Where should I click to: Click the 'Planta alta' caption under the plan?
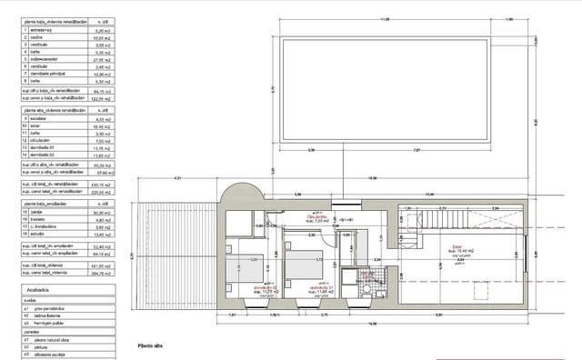click(149, 345)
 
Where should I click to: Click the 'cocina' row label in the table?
click(36, 38)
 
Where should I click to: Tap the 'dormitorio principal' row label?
click(49, 75)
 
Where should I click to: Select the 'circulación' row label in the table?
click(42, 141)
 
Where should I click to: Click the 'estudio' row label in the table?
click(37, 235)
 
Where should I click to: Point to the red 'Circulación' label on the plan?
click(316, 217)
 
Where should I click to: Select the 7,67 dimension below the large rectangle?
click(417, 150)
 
